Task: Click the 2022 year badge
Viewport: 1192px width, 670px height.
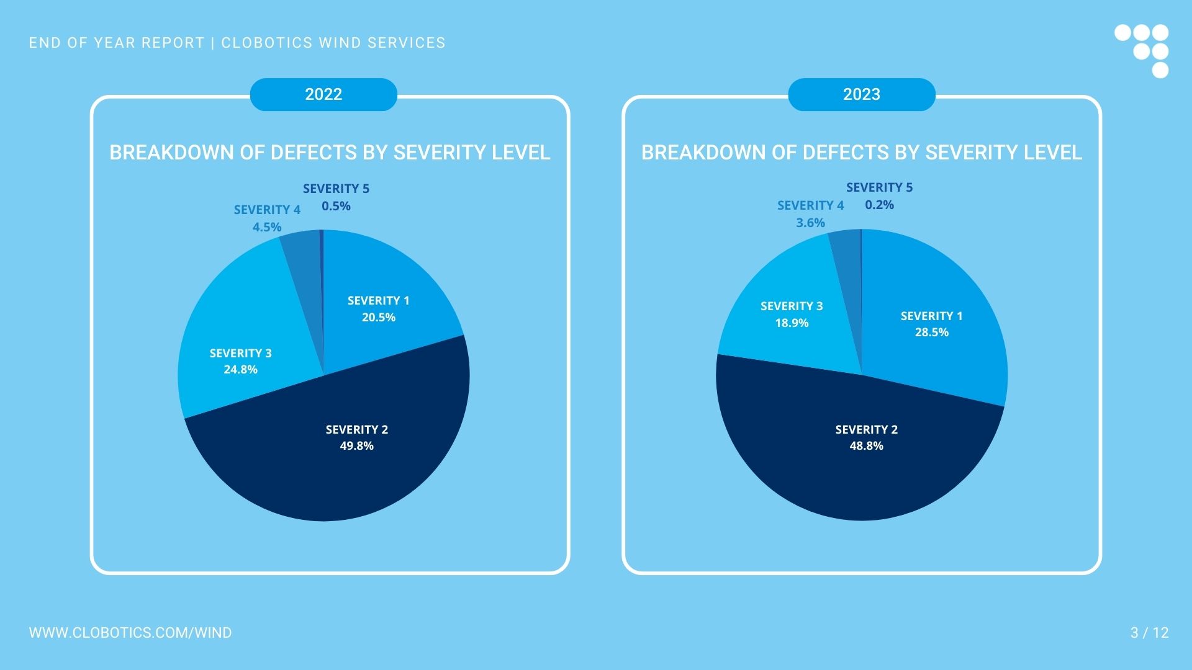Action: [x=323, y=94]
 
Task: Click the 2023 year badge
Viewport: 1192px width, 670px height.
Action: [x=861, y=94]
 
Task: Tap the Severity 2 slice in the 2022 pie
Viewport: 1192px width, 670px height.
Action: [x=335, y=471]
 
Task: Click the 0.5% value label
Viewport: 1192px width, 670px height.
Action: [x=336, y=206]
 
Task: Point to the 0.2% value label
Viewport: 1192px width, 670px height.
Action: [x=879, y=205]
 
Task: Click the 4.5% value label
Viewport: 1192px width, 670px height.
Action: [x=267, y=227]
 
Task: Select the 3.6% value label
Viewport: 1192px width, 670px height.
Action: [x=810, y=223]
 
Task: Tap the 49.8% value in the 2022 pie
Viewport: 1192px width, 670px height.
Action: [x=356, y=445]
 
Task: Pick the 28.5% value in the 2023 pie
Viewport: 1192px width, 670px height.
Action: [x=931, y=332]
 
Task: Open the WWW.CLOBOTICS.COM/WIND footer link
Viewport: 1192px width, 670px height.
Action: [x=130, y=633]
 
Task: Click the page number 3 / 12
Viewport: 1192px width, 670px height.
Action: [x=1149, y=633]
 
